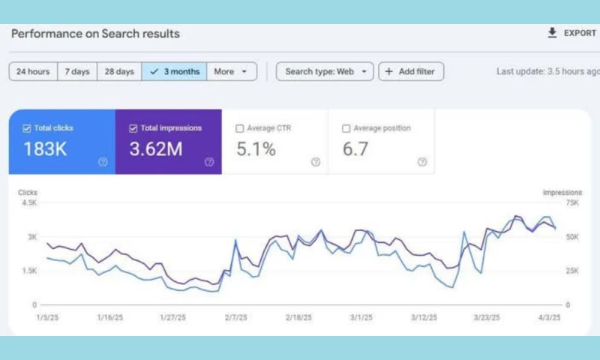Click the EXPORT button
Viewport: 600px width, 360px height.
click(571, 33)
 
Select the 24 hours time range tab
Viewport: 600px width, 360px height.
click(33, 72)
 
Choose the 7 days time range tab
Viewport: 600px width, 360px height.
click(76, 72)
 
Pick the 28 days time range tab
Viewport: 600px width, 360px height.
click(119, 72)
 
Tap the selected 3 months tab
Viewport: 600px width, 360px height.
click(174, 72)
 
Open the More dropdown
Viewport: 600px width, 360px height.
click(231, 72)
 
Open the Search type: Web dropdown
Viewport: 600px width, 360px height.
click(324, 72)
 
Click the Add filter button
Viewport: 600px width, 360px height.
click(411, 72)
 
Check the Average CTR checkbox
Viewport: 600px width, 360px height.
click(240, 128)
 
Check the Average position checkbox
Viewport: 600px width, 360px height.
click(346, 128)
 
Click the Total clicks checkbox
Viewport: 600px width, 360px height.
click(27, 128)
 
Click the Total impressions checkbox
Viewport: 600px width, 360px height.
click(133, 128)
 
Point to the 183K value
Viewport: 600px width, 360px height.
click(45, 149)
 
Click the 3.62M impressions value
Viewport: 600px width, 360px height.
click(156, 149)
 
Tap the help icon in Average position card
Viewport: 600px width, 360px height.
click(422, 161)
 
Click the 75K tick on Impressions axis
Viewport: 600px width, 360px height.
click(571, 202)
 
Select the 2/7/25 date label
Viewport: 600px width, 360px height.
click(235, 317)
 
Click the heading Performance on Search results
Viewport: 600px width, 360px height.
click(95, 34)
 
